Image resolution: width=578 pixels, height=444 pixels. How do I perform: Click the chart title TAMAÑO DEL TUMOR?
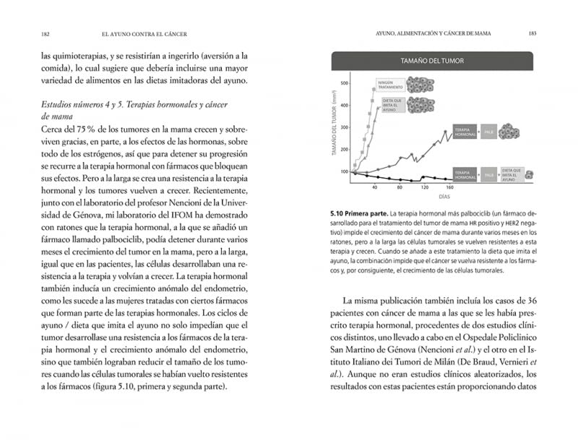tap(433, 61)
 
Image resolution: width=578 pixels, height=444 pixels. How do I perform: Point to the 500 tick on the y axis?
tap(345, 83)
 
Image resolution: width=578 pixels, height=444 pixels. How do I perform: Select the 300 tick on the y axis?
tap(345, 127)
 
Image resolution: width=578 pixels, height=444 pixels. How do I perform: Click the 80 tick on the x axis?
tap(400, 187)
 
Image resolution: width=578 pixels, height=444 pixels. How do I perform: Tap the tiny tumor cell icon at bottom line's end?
tap(530, 174)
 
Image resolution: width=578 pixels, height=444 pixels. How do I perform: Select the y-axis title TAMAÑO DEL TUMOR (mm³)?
tap(334, 126)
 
